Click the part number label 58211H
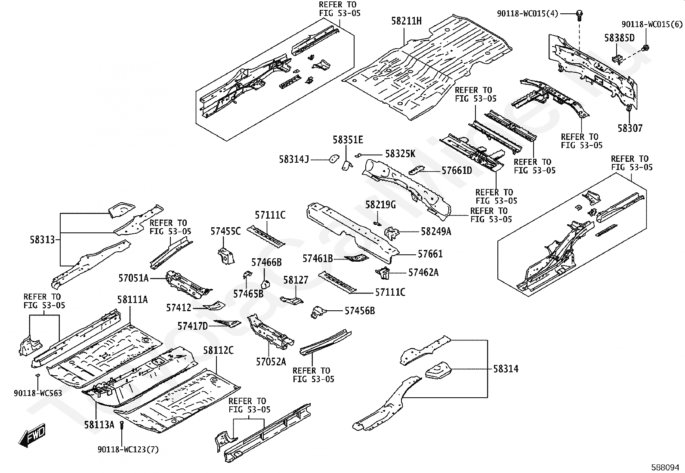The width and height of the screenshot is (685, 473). (407, 21)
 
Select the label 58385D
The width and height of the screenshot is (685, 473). (619, 38)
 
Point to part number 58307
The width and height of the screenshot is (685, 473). (630, 128)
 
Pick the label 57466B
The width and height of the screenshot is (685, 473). (266, 262)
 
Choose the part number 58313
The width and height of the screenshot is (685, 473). (43, 240)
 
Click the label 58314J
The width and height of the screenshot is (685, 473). (294, 160)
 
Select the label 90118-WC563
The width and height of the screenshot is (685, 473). (38, 393)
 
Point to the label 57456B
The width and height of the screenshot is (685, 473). (359, 310)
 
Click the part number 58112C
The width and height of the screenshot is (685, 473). (218, 351)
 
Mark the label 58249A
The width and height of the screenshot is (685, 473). (436, 232)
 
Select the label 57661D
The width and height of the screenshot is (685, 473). (457, 171)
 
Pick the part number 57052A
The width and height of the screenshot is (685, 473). (271, 362)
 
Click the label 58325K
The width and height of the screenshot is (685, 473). (400, 154)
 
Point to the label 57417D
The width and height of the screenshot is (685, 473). (192, 326)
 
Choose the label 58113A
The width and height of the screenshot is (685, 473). (99, 425)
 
